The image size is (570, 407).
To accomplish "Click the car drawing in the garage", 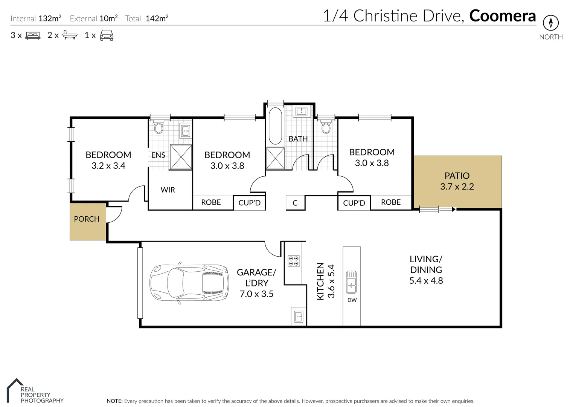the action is coord(189,283).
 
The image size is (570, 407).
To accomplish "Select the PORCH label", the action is coord(87,219).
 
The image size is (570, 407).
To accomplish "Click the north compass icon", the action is coord(551,23).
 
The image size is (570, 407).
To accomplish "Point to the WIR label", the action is coord(168,190).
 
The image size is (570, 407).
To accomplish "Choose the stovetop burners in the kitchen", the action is coord(293,261).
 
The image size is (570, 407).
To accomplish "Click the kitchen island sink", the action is coord(351,282).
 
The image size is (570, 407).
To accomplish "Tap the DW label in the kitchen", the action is coord(352,300).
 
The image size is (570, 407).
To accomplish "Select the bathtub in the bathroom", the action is coord(275,126).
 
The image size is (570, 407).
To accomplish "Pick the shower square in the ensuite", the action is coord(181,157).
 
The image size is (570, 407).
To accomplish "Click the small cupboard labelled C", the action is coord(295,203).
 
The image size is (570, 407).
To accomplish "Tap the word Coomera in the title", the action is coord(503,16).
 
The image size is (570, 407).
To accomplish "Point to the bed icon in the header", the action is coord(33,35).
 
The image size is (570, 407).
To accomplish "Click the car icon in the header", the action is coord(107,35).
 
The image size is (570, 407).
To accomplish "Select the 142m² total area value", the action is coord(157,18).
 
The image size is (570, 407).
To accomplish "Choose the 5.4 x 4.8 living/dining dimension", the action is coord(426,280).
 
